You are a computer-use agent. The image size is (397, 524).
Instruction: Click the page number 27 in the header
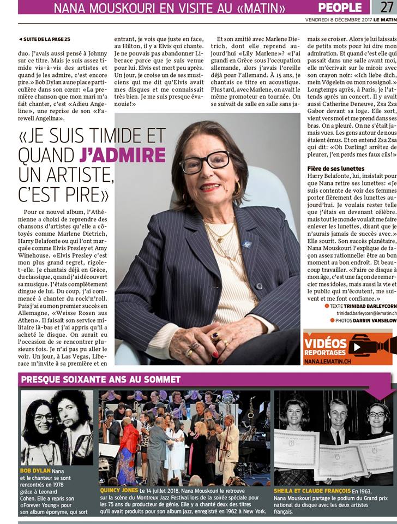pos(384,7)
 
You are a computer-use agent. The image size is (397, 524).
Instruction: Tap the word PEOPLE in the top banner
pos(340,7)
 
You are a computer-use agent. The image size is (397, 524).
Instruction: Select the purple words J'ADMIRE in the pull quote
pos(122,155)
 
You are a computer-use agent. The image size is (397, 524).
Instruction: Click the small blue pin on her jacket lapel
pos(246,244)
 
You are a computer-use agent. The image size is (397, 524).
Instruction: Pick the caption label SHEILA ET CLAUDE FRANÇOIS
pos(312,491)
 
